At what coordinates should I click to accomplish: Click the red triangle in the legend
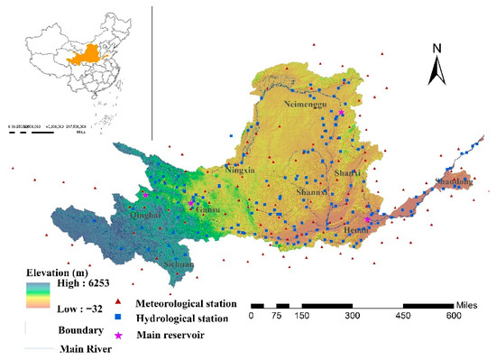pyautogui.click(x=120, y=304)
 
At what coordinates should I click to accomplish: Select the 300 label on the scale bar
pyautogui.click(x=352, y=317)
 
